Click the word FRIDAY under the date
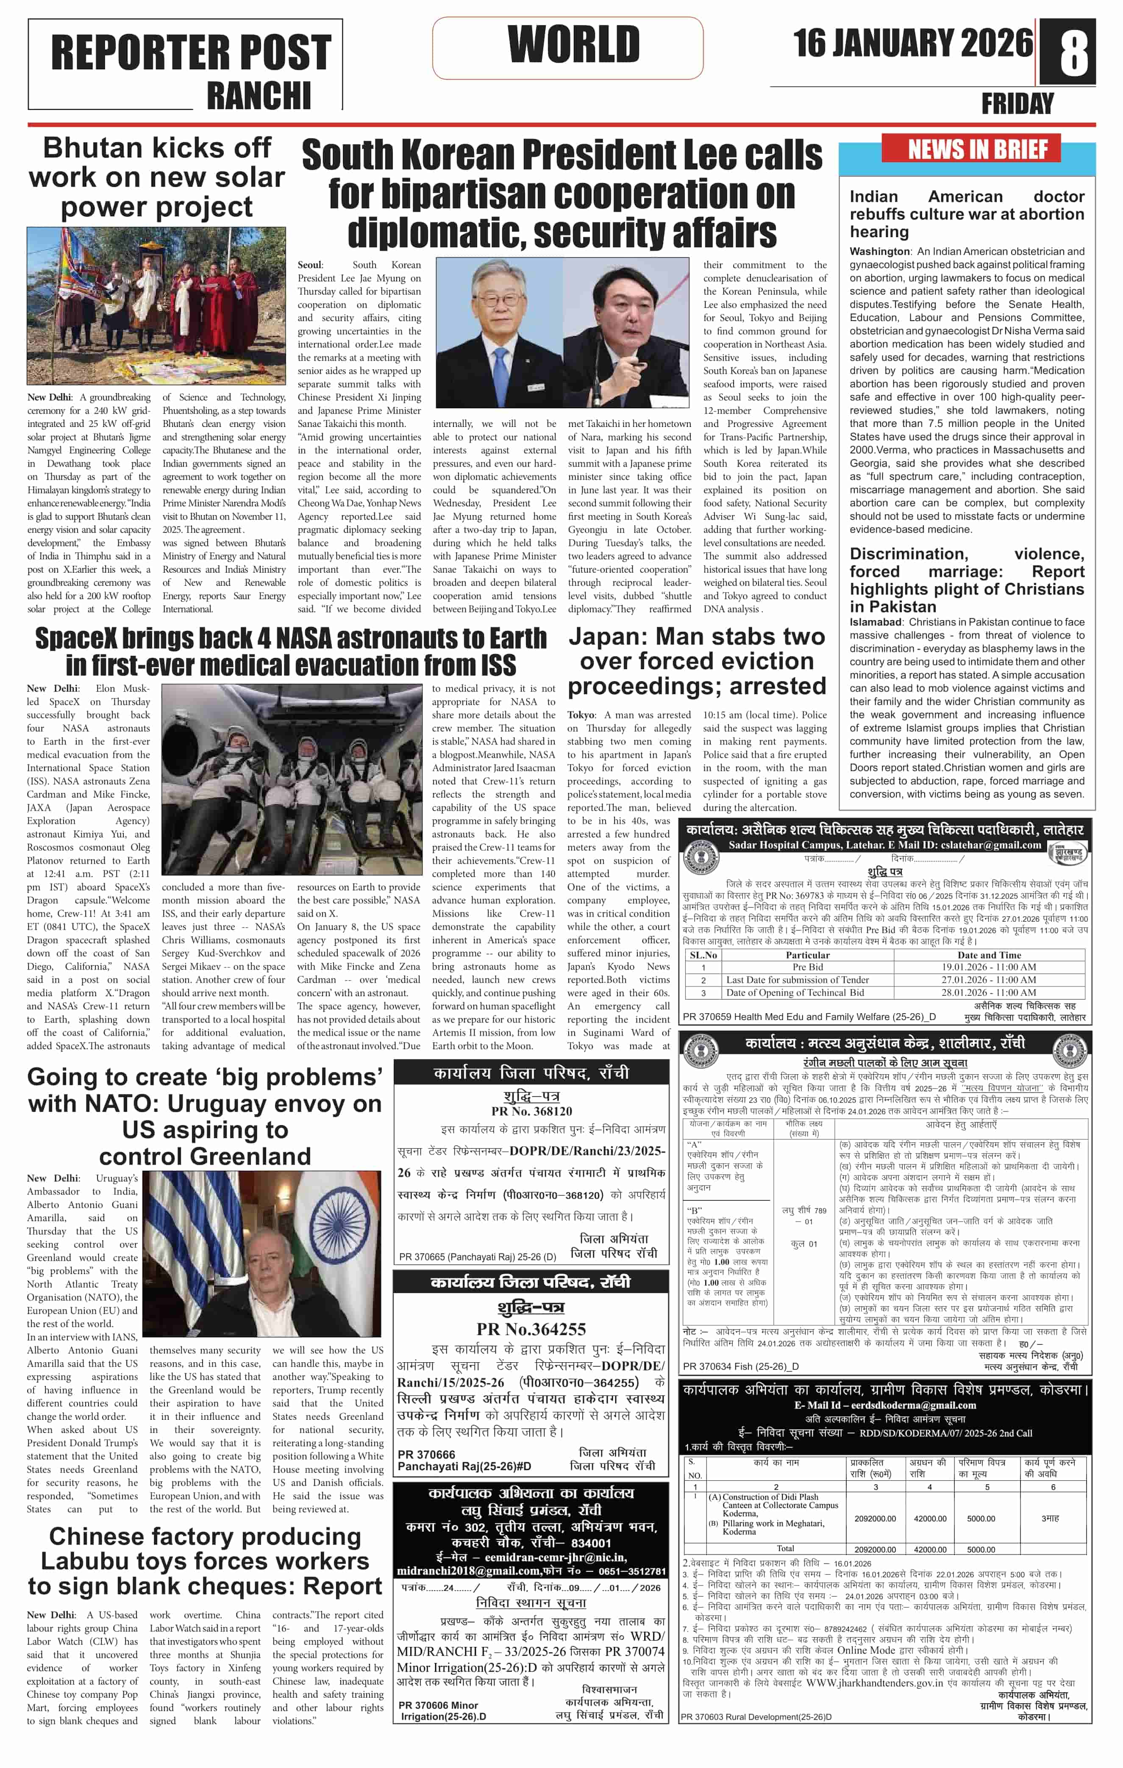(x=1017, y=103)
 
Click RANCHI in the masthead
(x=259, y=95)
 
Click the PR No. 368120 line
(x=531, y=1111)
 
